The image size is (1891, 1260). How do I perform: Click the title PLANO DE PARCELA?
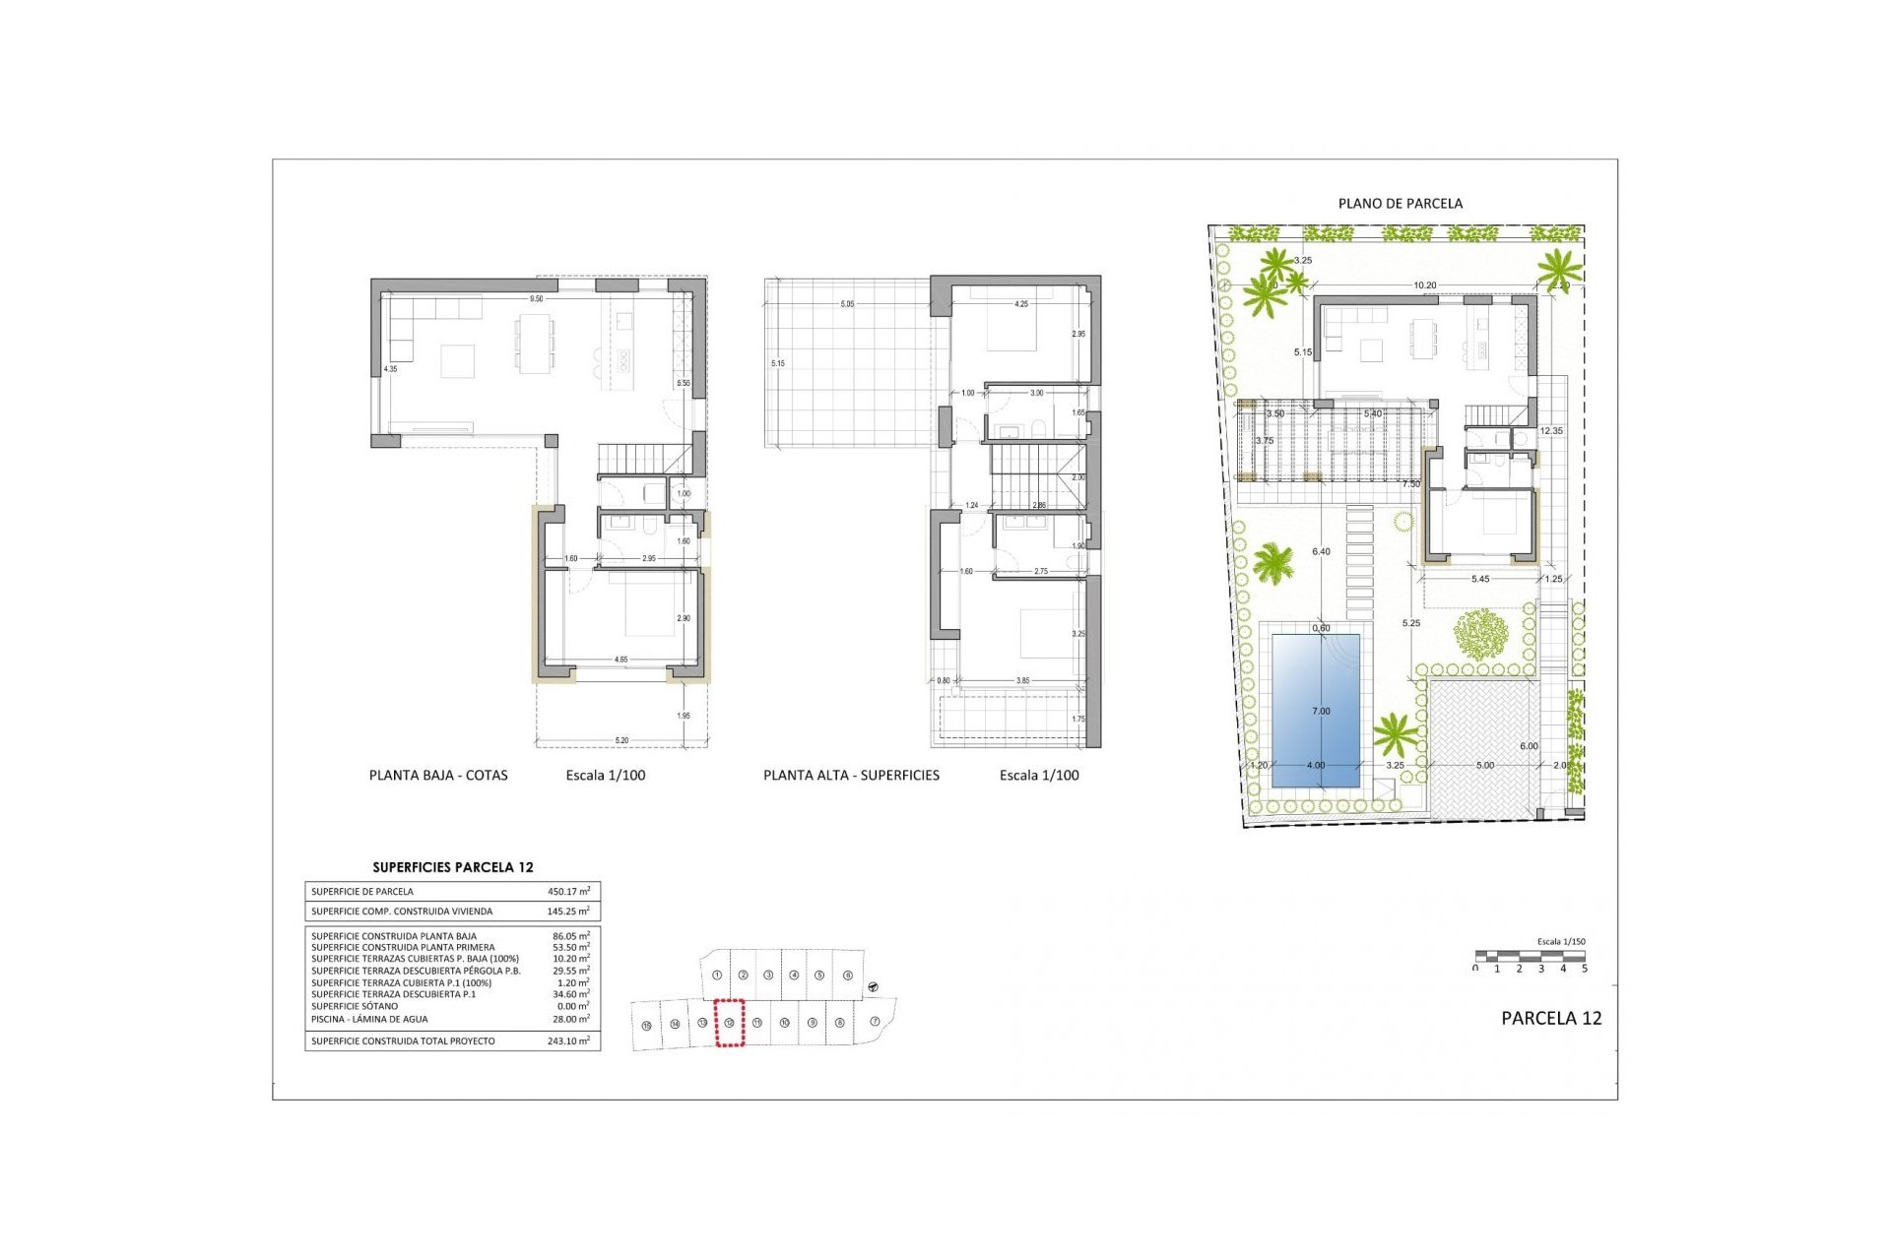coord(1400,204)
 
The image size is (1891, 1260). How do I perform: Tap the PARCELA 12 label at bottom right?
coord(1550,1018)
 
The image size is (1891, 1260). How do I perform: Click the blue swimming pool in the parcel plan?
coord(1316,689)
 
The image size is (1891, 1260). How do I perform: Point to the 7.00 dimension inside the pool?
coord(1321,711)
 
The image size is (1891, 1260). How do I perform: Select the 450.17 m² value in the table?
coord(568,891)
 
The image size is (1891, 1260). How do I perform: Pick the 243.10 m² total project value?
coord(568,1040)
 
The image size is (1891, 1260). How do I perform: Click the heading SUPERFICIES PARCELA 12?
coord(453,867)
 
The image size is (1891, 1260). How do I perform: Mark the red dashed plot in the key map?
coord(729,1022)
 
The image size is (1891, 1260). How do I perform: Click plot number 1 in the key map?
coord(717,975)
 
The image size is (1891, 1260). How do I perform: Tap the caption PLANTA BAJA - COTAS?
coord(438,775)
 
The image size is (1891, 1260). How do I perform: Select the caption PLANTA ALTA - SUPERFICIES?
coord(851,775)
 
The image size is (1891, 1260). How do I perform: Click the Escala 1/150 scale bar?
coord(1531,956)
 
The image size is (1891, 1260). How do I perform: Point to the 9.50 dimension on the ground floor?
coord(536,299)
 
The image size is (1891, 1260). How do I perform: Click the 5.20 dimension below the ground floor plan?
coord(621,740)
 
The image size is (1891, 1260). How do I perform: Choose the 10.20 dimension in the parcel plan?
coord(1424,285)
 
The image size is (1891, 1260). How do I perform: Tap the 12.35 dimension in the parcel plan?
coord(1550,431)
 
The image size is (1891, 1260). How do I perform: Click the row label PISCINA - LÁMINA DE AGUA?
coord(369,1019)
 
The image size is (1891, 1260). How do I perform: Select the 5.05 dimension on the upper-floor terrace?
coord(847,304)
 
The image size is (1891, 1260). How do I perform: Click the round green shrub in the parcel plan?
coord(1480,635)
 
